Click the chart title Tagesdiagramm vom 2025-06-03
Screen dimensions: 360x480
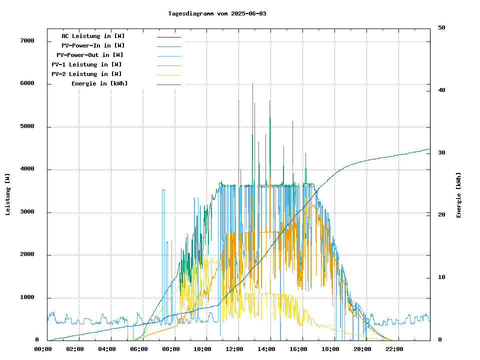tap(217, 13)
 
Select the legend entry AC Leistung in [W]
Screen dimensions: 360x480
tap(93, 36)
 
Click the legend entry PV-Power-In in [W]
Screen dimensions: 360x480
tap(93, 45)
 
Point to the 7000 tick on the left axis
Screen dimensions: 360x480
tap(27, 41)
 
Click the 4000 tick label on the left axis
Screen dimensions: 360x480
tap(27, 169)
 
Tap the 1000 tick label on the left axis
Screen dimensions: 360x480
tap(27, 298)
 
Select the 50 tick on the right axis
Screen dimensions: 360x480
tap(441, 27)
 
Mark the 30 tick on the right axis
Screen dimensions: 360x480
tap(441, 152)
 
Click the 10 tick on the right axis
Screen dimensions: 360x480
tap(441, 277)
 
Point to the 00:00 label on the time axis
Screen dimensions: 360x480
tap(43, 349)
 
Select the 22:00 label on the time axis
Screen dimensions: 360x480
tap(394, 349)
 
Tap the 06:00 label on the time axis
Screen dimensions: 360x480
tap(139, 349)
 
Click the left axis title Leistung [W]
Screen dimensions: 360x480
tap(7, 194)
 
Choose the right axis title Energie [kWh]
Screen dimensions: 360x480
tap(458, 195)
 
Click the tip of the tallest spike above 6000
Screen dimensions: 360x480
tap(252, 83)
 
